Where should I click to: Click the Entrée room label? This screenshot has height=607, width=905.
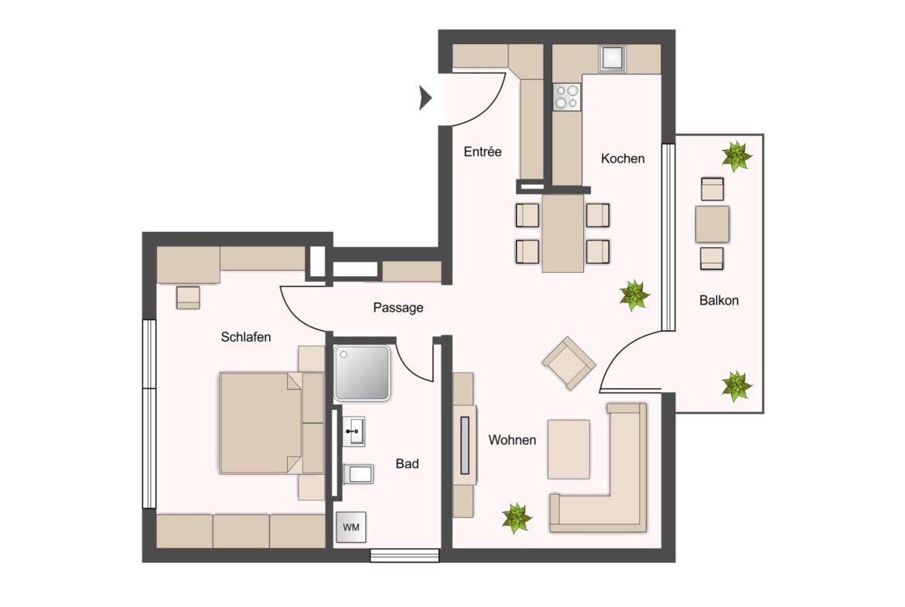[x=483, y=152]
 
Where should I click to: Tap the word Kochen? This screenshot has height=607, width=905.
[x=623, y=159]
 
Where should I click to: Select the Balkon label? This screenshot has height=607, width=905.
[x=719, y=300]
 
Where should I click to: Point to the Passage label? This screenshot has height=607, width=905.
[x=398, y=308]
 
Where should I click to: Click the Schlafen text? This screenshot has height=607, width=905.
[x=246, y=337]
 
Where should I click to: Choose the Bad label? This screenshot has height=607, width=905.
[x=408, y=463]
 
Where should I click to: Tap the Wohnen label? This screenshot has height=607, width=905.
[x=512, y=440]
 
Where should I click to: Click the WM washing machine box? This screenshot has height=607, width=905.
[x=351, y=527]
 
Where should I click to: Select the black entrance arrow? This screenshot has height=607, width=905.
[x=425, y=97]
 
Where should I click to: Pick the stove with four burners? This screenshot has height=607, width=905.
[x=566, y=96]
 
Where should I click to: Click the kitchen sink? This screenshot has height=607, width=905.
[x=613, y=58]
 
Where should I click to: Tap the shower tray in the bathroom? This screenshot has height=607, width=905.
[x=363, y=373]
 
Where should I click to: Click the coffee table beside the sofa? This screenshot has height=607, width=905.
[x=569, y=449]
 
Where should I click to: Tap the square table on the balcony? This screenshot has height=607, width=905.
[x=712, y=224]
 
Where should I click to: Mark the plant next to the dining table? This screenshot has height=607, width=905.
[x=634, y=295]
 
